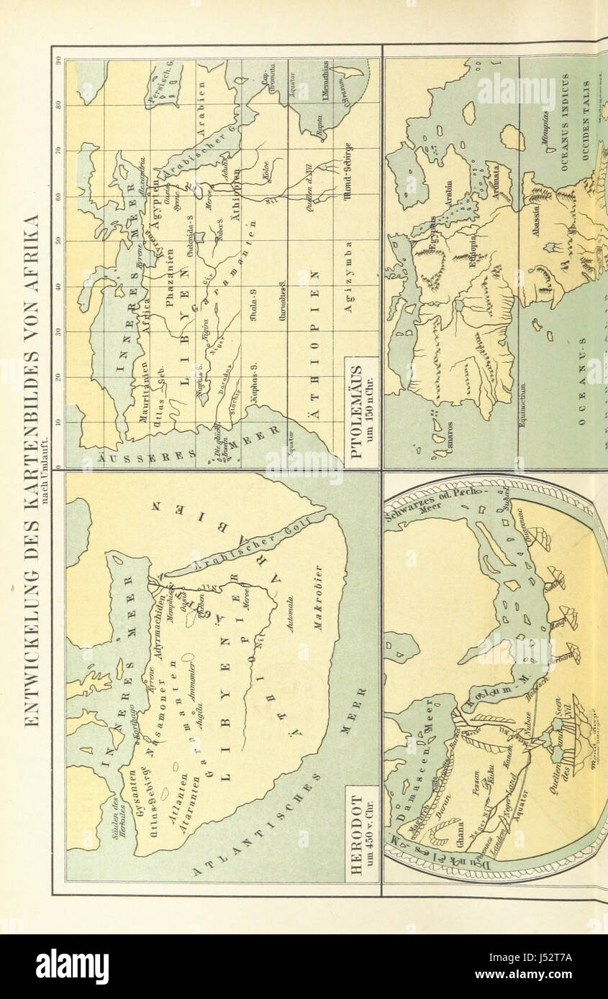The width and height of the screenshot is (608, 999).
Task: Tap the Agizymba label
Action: (348, 287)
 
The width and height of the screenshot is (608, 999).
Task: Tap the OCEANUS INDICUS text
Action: (565, 122)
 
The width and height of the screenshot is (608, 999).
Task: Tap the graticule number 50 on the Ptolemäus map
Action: (58, 242)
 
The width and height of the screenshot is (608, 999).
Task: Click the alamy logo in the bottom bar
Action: (72, 966)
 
